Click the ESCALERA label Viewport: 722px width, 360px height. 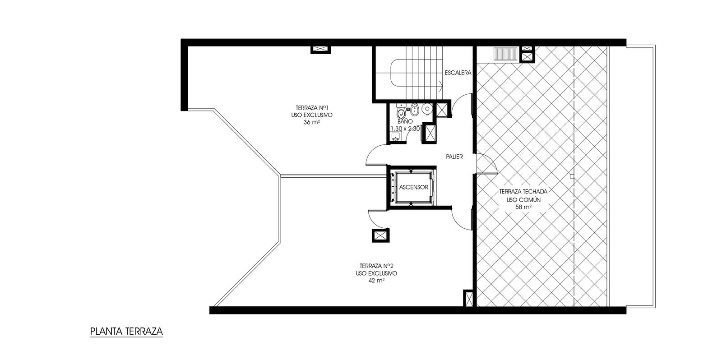pos(458,73)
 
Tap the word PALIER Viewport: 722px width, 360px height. pos(454,157)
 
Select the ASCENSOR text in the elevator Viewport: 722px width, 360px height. pos(413,187)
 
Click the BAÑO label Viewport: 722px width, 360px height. pos(405,122)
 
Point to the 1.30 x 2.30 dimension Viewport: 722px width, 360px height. pos(405,129)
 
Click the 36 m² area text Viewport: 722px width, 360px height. pos(312,122)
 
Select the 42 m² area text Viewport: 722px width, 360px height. pos(376,281)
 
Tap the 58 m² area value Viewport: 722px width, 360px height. pos(523,207)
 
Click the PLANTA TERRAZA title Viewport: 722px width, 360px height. pos(126,331)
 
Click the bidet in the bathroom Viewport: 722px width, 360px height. pos(415,110)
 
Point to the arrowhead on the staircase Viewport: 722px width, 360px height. pos(440,86)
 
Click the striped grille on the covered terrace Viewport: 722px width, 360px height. pos(505,54)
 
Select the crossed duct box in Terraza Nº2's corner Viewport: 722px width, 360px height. pos(468,299)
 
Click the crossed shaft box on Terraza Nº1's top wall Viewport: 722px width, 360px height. pos(320,49)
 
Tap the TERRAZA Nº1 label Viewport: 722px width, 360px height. pos(312,108)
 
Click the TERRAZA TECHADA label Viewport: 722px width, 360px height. pos(523,191)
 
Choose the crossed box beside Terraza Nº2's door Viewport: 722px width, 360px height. pos(380,235)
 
